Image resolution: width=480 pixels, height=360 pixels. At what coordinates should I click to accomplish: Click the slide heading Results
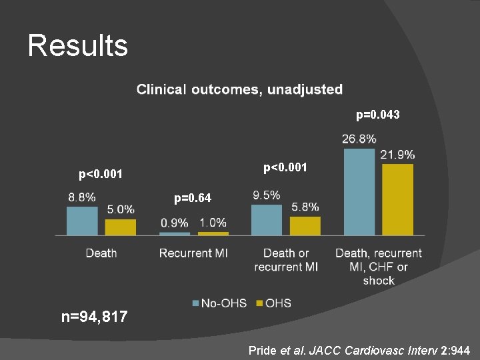(x=77, y=46)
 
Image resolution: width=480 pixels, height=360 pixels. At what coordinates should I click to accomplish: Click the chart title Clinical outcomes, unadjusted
(x=239, y=89)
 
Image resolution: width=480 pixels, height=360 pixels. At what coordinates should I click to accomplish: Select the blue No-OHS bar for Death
(x=82, y=221)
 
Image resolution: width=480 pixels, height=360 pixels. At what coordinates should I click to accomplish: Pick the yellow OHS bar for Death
(x=121, y=227)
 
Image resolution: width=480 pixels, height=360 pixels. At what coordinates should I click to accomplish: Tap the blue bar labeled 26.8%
(x=359, y=191)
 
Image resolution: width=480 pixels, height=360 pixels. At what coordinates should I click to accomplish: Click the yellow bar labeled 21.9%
(x=397, y=199)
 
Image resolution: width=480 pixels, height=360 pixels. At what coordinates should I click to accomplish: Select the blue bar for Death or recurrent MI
(x=267, y=219)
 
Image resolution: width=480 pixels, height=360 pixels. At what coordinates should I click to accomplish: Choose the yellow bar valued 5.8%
(x=305, y=225)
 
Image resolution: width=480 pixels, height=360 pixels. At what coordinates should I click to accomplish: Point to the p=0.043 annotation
(x=378, y=115)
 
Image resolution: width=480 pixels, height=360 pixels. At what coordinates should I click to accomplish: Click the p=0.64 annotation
(x=193, y=198)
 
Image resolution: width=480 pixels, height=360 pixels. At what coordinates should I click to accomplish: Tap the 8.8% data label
(x=81, y=197)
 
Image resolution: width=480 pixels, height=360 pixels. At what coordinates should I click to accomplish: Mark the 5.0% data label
(x=121, y=210)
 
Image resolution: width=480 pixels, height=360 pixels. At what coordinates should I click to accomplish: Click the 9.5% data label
(x=267, y=195)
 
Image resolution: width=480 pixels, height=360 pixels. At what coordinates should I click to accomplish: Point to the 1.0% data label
(x=213, y=223)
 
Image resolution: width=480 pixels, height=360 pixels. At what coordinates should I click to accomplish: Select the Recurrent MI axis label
(x=193, y=253)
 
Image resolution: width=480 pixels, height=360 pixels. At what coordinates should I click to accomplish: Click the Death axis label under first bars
(x=101, y=253)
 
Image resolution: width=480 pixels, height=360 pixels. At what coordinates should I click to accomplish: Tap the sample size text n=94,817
(x=94, y=317)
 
